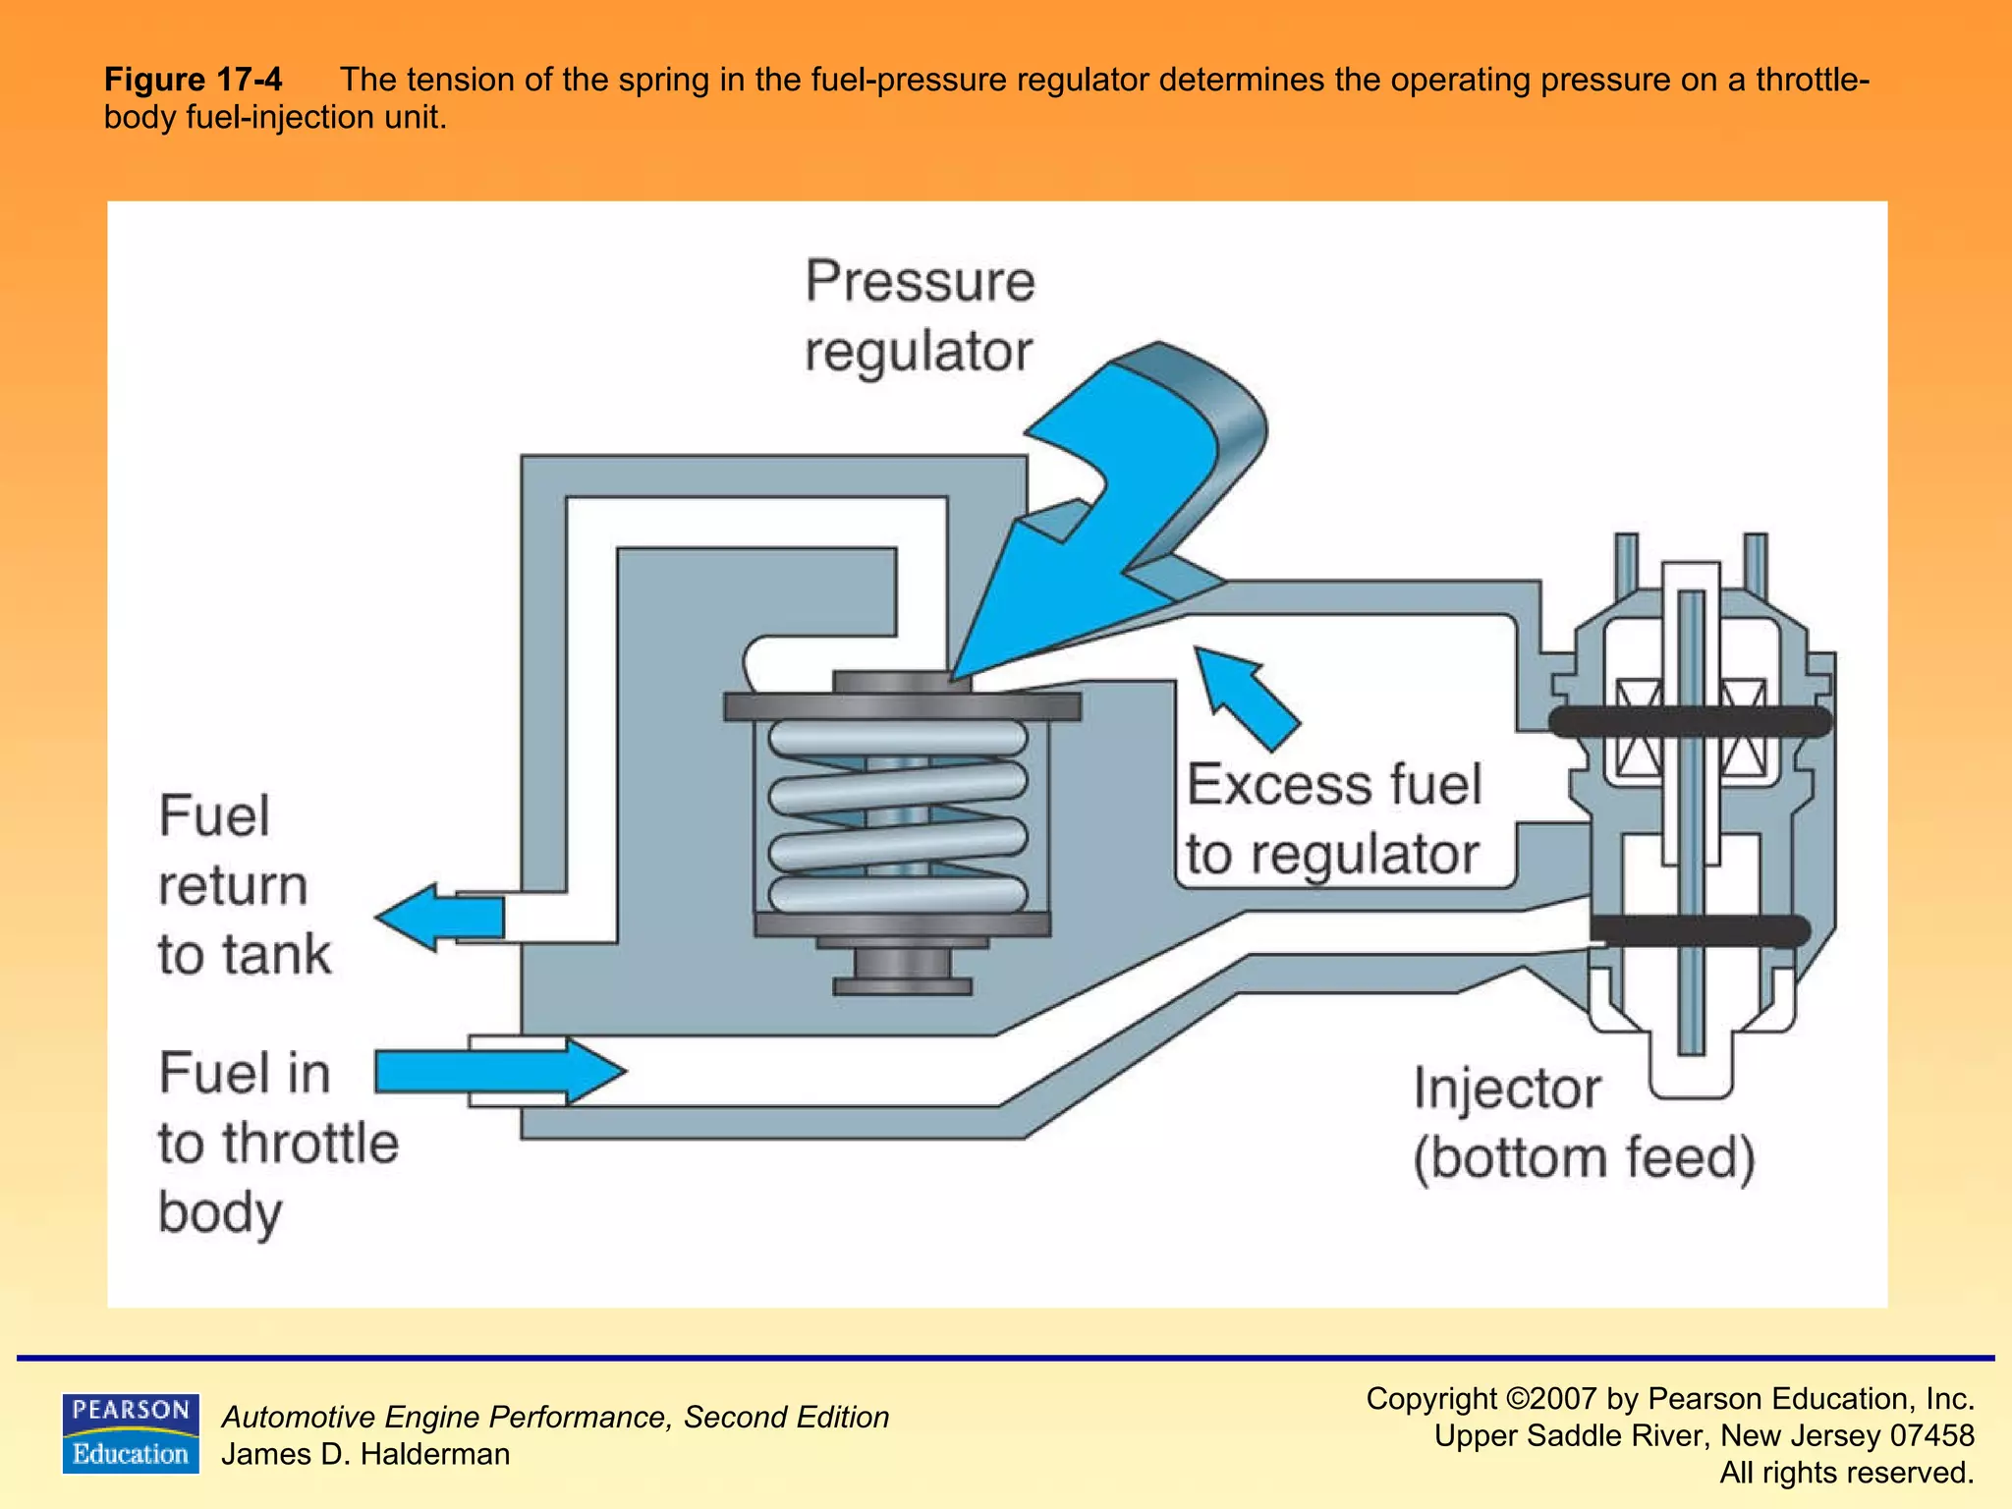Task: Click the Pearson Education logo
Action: coord(130,1432)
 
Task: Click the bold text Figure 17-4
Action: coord(193,79)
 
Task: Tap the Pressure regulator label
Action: coord(920,315)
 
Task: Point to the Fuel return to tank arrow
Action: coord(440,918)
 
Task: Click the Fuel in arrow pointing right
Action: coord(499,1071)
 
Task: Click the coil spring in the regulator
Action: coord(898,815)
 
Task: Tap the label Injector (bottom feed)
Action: coord(1583,1123)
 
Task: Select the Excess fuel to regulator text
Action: coord(1333,818)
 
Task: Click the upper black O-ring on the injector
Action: coord(1690,721)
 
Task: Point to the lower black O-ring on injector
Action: coord(1700,930)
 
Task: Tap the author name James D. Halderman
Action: coord(365,1454)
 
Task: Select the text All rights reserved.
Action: coord(1846,1473)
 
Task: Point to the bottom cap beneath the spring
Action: coord(902,973)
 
